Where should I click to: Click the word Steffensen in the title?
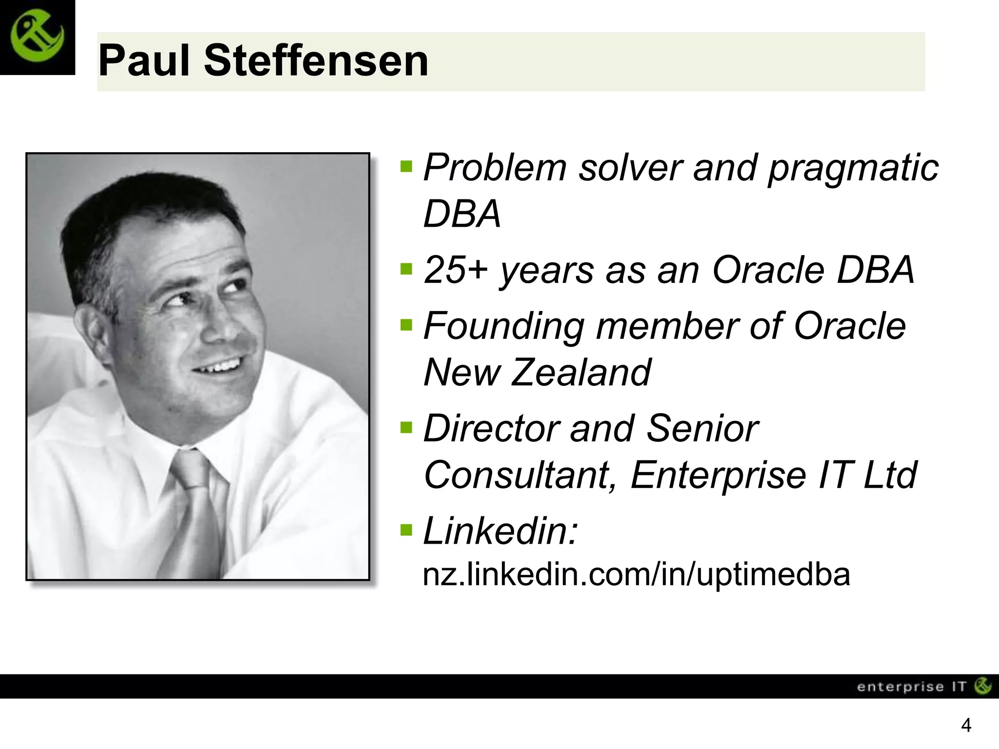click(x=316, y=61)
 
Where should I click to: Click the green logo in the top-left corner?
click(x=37, y=37)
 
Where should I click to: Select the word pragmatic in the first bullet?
click(x=853, y=168)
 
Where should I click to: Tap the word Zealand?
click(x=580, y=373)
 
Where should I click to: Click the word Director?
click(x=490, y=429)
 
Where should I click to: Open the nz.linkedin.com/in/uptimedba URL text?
click(x=636, y=574)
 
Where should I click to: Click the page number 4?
click(x=965, y=726)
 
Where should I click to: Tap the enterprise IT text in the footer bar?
click(x=911, y=687)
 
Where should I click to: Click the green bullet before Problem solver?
click(x=406, y=166)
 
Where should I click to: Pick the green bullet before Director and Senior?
click(x=406, y=428)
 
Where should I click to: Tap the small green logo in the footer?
click(x=982, y=686)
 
